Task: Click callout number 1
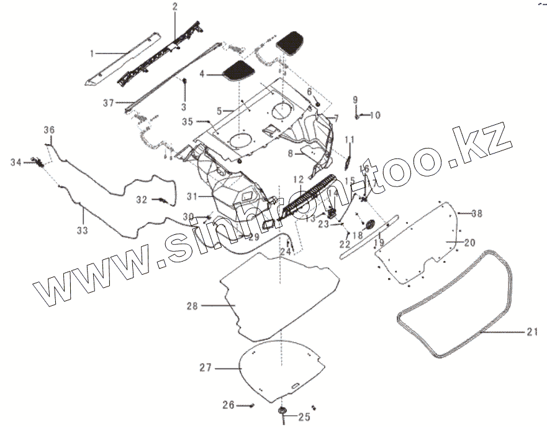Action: click(93, 54)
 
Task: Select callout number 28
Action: click(191, 306)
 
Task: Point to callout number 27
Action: click(206, 368)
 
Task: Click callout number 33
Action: click(83, 230)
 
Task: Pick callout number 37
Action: click(109, 103)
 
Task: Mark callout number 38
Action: click(476, 214)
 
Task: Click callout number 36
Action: click(49, 130)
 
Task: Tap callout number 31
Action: click(192, 196)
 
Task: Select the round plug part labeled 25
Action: click(283, 411)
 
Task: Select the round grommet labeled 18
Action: click(371, 224)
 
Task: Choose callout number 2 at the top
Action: click(174, 7)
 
